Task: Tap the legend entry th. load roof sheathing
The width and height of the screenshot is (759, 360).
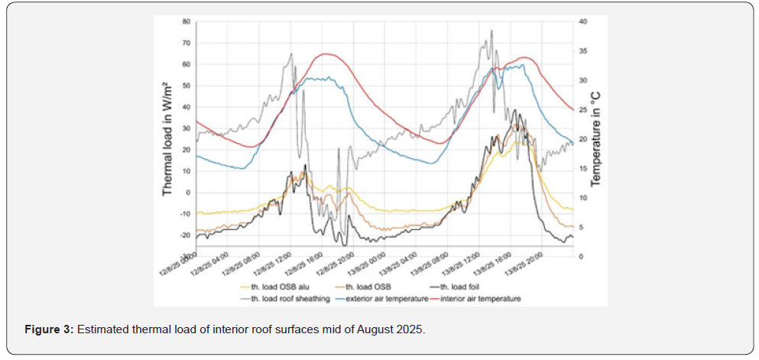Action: [278, 298]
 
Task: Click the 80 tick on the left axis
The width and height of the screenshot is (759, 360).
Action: [186, 21]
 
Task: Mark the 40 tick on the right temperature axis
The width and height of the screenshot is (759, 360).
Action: [582, 21]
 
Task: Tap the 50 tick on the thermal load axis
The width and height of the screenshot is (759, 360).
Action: [186, 86]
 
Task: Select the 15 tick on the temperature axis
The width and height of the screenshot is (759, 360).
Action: [582, 168]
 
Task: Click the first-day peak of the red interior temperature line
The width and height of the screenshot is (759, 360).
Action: [327, 54]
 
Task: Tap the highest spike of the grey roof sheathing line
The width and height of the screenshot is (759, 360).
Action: [491, 31]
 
